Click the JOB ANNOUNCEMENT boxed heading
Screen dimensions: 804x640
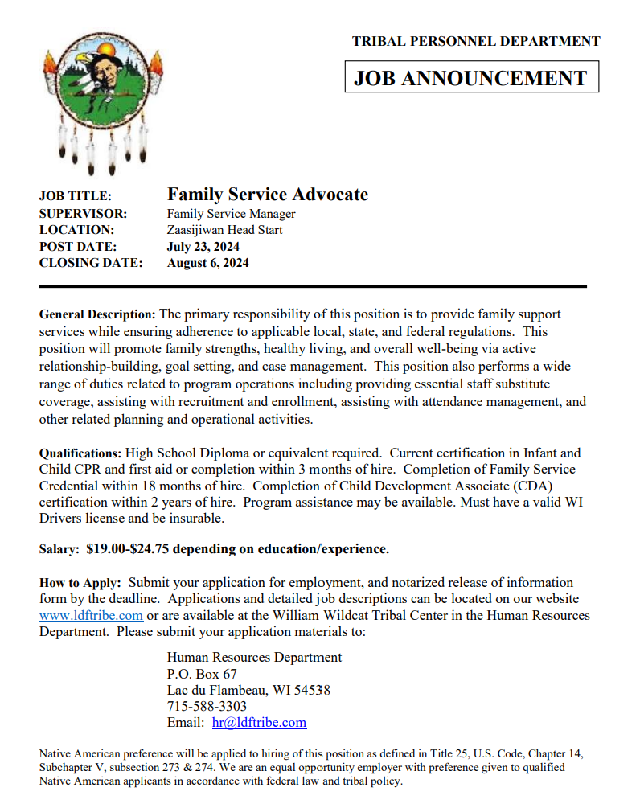point(471,78)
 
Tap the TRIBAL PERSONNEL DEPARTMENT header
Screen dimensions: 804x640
point(476,41)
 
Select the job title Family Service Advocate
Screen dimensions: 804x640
point(267,195)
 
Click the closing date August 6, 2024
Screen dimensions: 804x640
point(207,263)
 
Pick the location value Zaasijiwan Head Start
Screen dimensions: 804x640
point(224,230)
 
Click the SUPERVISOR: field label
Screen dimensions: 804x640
point(83,214)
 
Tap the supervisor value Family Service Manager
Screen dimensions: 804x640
point(231,214)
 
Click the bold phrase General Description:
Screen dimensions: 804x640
point(97,314)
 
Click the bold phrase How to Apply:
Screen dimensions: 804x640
point(80,582)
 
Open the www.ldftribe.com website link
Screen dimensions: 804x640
point(91,615)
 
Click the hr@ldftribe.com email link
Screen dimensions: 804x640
point(259,722)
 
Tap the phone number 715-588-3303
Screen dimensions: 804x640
point(207,706)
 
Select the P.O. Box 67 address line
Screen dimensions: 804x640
point(202,674)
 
